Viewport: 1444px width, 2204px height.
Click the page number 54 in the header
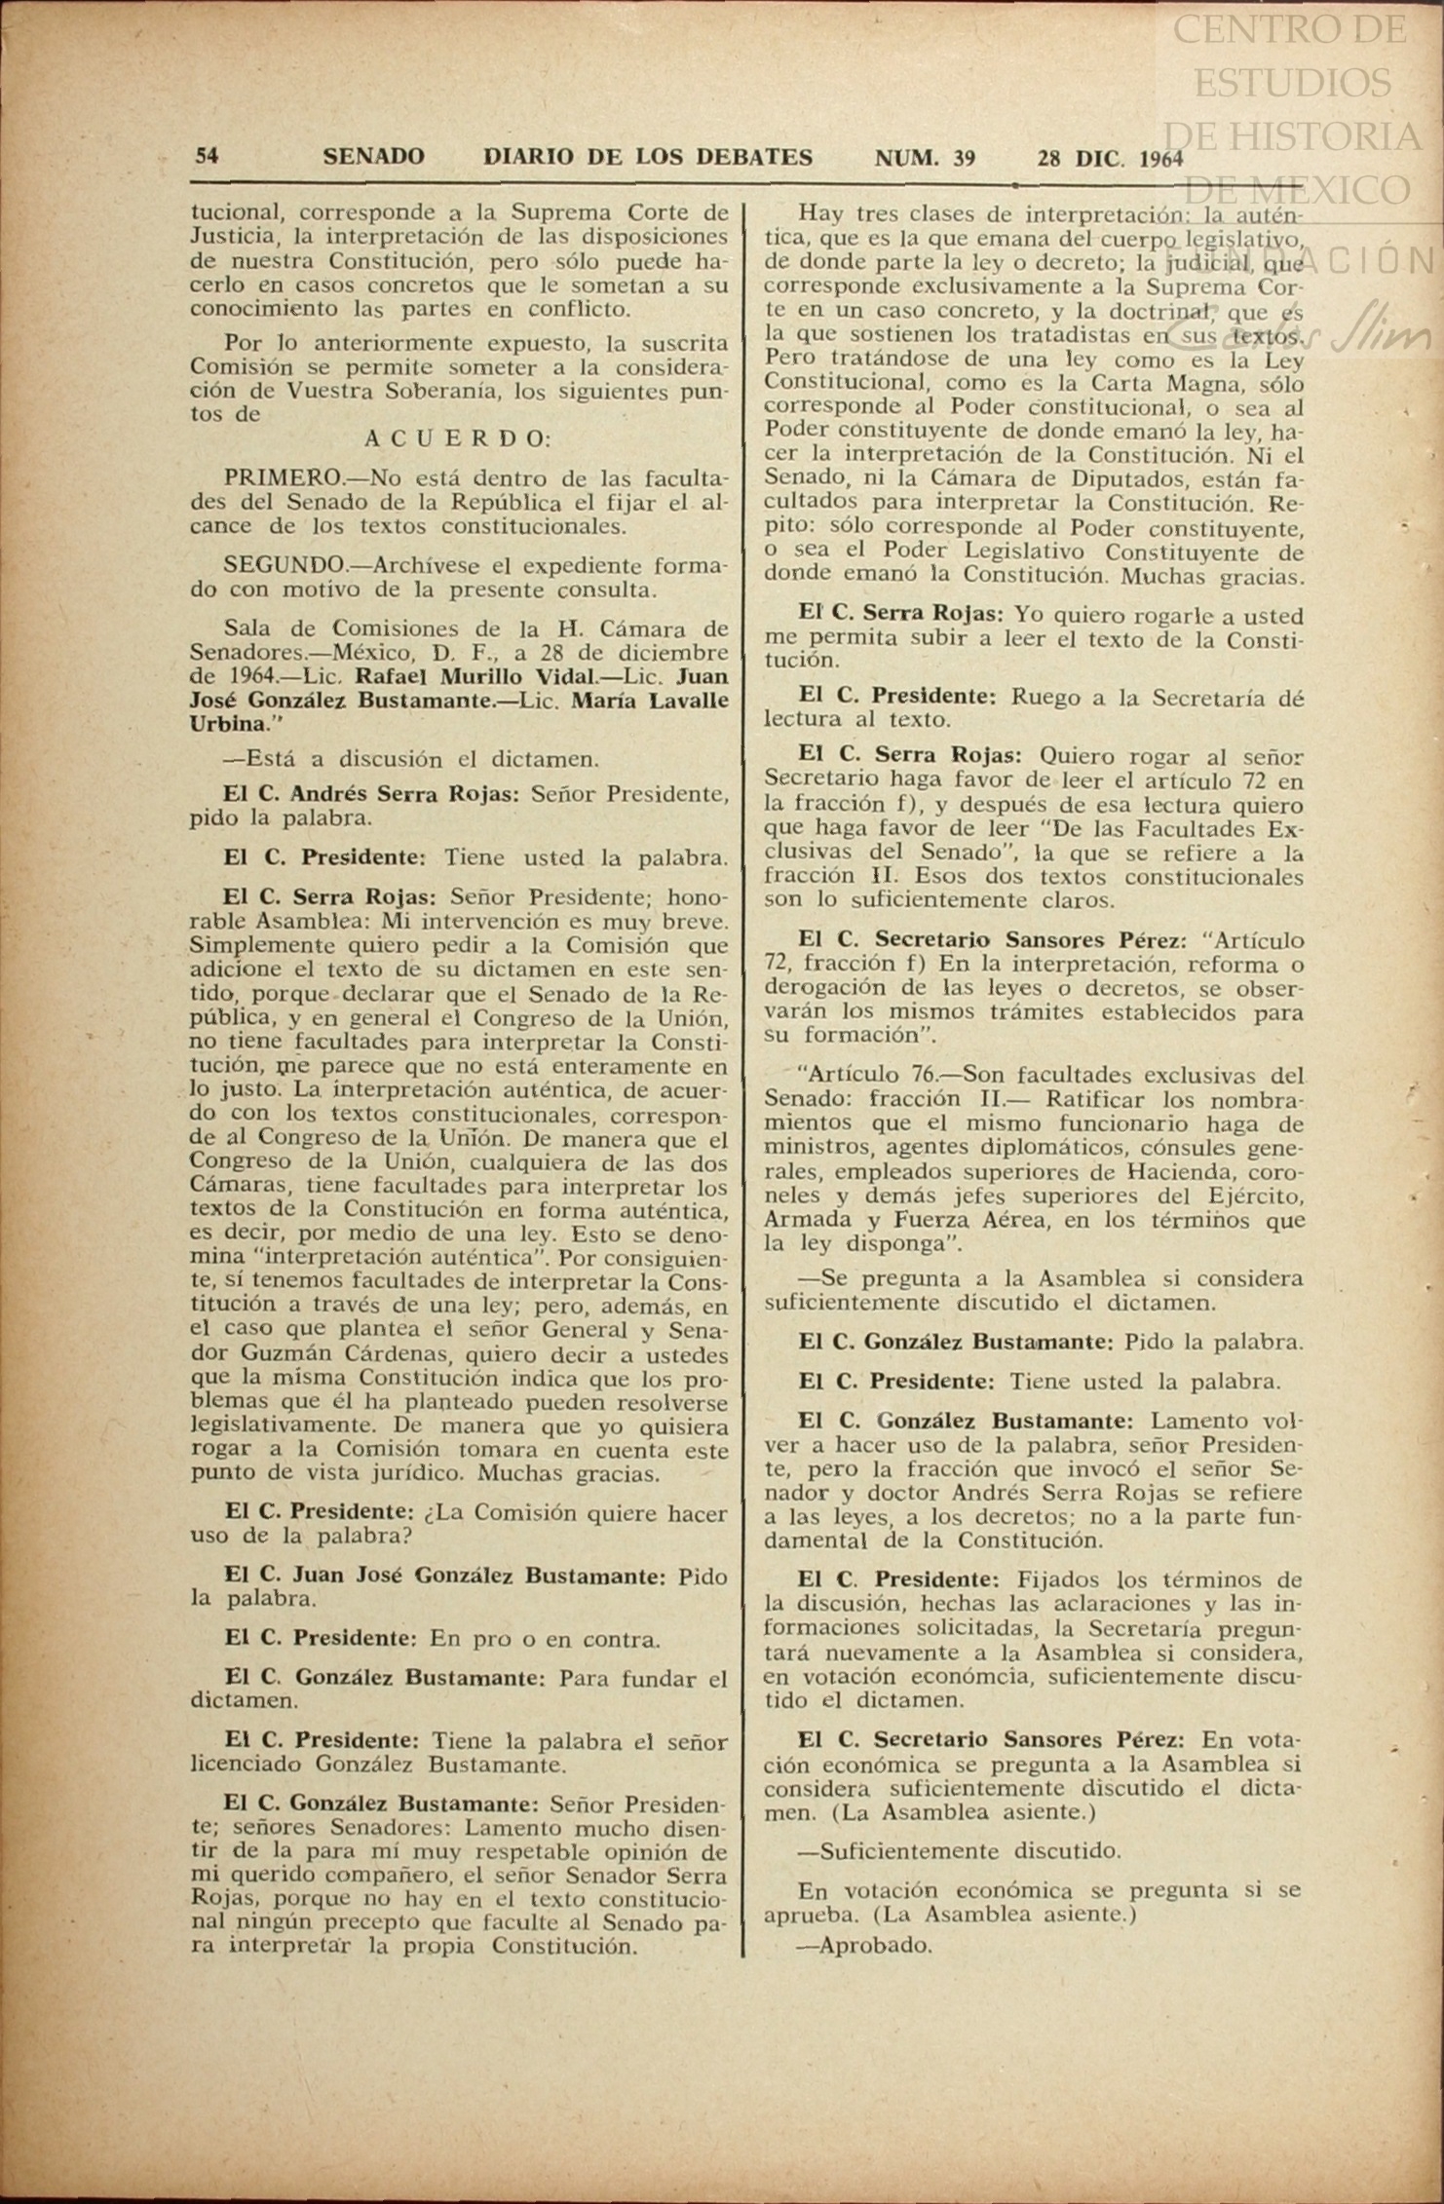(x=207, y=156)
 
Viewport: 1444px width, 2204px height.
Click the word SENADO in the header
(x=373, y=156)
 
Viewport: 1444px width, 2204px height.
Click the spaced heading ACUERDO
(x=458, y=438)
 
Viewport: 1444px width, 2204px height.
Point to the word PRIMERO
(x=283, y=478)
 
